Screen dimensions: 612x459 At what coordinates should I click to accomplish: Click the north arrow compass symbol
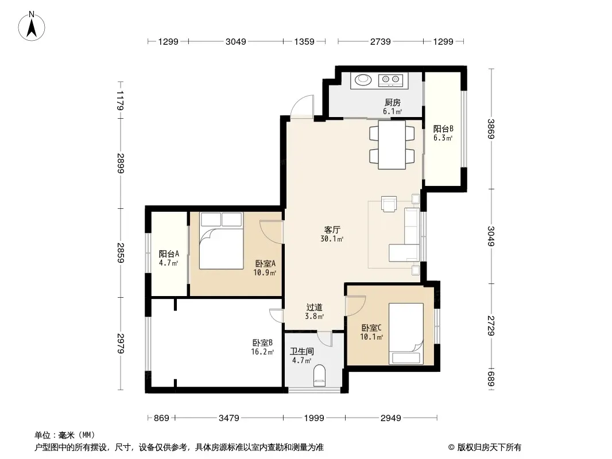[x=32, y=26]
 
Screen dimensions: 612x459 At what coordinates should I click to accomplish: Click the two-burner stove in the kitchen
[x=390, y=80]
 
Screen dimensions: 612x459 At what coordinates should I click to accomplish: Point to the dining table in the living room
[x=392, y=145]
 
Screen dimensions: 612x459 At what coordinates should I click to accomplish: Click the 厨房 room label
[x=392, y=103]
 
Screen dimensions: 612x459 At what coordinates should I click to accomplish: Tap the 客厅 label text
[x=332, y=229]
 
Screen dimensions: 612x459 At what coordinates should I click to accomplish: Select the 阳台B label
[x=443, y=129]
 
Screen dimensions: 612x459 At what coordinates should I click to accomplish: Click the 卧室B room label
[x=262, y=343]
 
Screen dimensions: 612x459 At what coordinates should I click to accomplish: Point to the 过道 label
[x=314, y=308]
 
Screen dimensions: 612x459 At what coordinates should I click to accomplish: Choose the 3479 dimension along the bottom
[x=229, y=418]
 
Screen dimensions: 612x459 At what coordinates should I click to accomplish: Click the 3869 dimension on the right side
[x=491, y=129]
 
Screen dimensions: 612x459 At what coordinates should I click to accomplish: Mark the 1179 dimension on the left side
[x=120, y=100]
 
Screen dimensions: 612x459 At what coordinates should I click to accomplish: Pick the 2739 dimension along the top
[x=380, y=41]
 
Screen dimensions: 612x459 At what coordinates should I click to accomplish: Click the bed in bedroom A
[x=221, y=240]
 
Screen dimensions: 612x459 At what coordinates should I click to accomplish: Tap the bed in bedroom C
[x=406, y=334]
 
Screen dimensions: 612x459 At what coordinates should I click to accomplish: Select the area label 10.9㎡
[x=265, y=273]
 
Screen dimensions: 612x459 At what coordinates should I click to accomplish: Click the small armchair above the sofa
[x=389, y=204]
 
